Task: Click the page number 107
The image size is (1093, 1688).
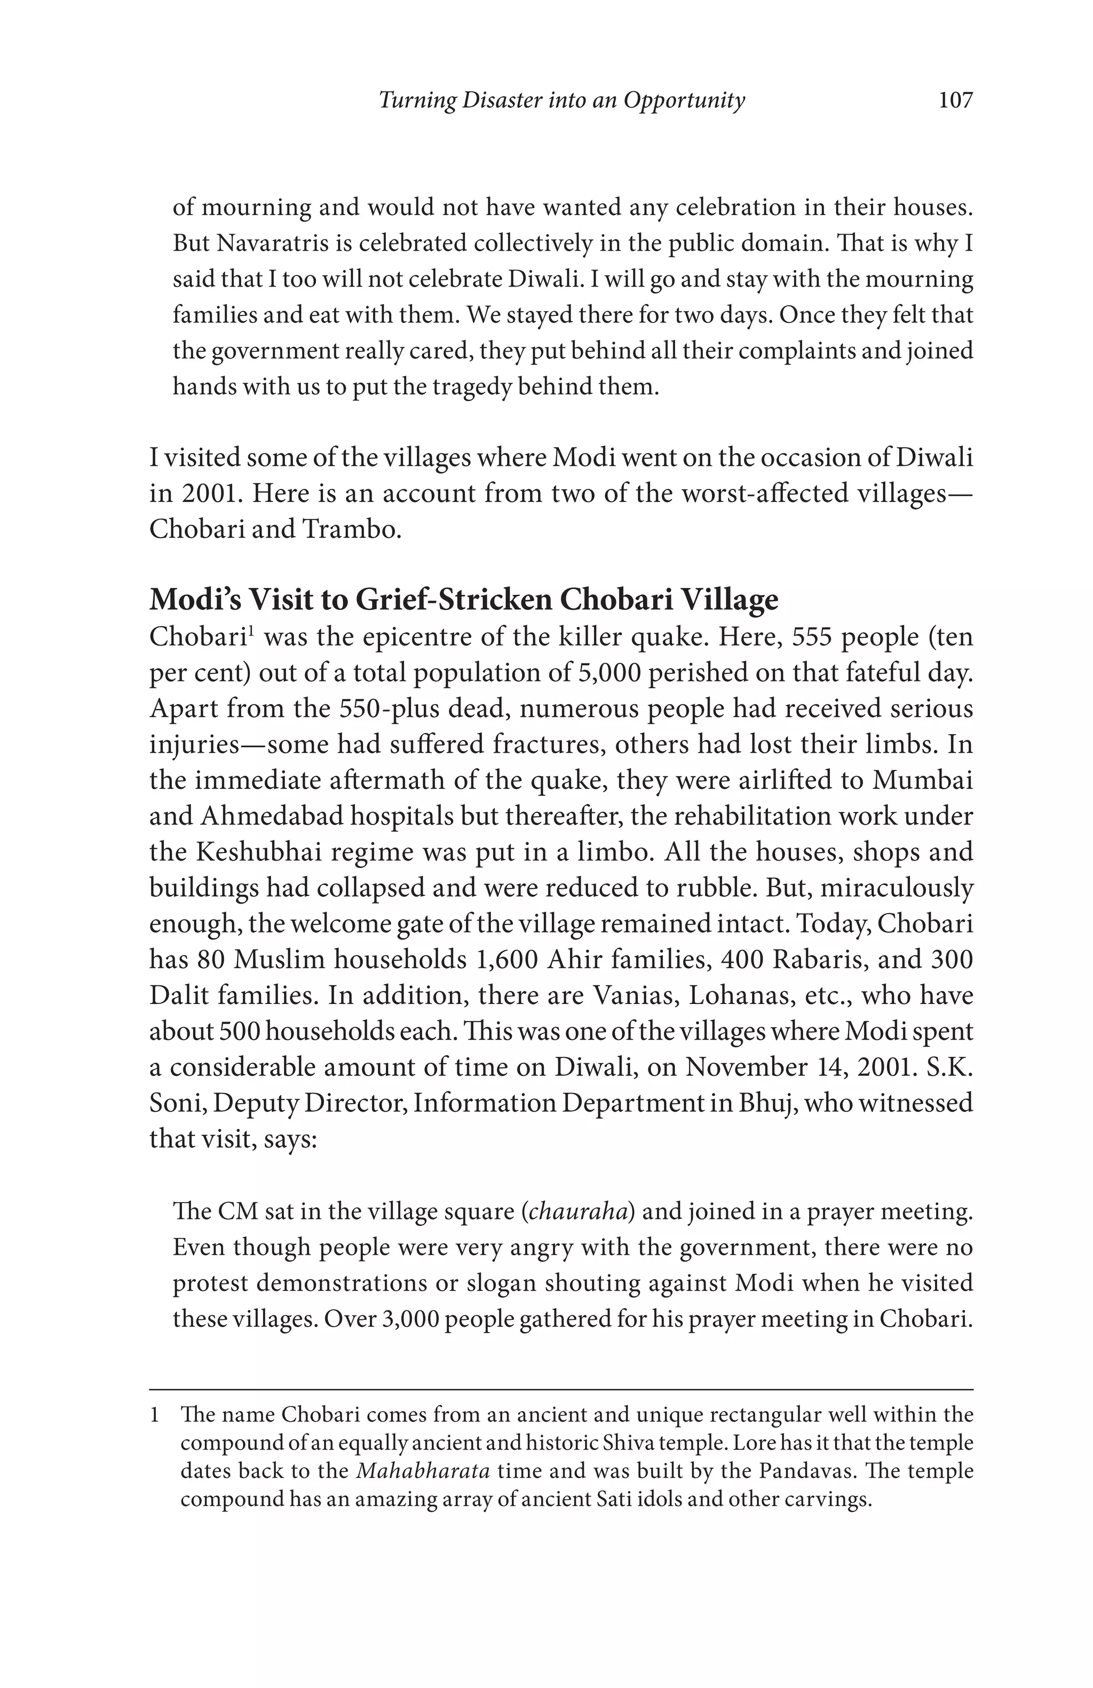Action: pos(955,101)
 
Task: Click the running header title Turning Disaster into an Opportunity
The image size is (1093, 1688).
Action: pos(561,101)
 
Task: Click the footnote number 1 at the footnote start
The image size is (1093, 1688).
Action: pos(154,1414)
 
